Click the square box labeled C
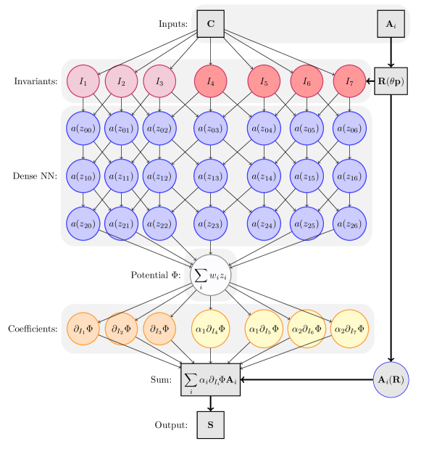click(211, 24)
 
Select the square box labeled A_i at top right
click(391, 24)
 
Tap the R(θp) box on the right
click(391, 81)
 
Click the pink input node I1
click(83, 81)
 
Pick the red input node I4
click(211, 81)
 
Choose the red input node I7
click(350, 81)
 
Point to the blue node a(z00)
click(83, 129)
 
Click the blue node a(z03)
click(211, 129)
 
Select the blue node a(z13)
click(211, 177)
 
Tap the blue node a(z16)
click(350, 177)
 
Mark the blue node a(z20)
click(83, 224)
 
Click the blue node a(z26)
click(350, 224)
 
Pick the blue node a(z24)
click(264, 224)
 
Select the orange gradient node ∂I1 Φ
click(83, 328)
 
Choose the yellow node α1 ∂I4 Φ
click(211, 329)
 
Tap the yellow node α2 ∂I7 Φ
click(350, 329)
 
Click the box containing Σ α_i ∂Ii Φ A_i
click(211, 379)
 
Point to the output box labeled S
click(211, 424)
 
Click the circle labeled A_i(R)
click(393, 379)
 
